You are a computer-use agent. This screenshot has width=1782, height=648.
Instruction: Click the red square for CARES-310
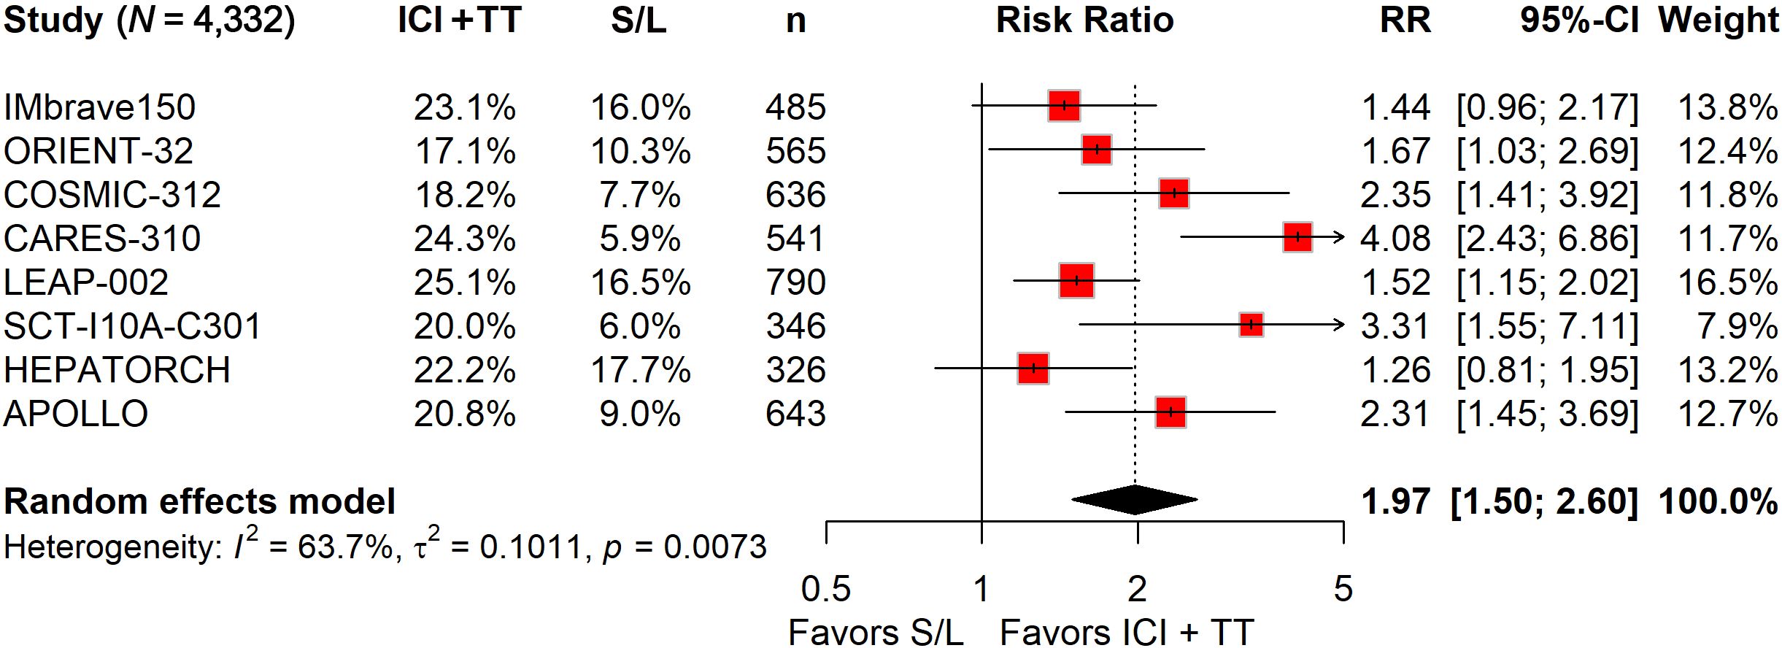pyautogui.click(x=1297, y=237)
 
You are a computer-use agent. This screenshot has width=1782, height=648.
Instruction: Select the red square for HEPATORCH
pyautogui.click(x=1033, y=369)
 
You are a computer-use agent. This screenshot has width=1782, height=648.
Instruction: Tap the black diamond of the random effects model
pyautogui.click(x=1135, y=500)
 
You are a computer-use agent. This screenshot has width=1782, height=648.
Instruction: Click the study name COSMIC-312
pyautogui.click(x=112, y=195)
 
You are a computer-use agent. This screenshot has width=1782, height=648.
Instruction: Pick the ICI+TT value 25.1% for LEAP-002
pyautogui.click(x=465, y=282)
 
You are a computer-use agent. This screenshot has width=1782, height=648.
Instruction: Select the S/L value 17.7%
pyautogui.click(x=640, y=370)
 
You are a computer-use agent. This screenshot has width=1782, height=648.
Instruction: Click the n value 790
pyautogui.click(x=795, y=282)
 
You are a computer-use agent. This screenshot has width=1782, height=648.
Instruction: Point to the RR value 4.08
pyautogui.click(x=1395, y=239)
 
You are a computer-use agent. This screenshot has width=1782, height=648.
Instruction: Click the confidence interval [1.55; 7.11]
pyautogui.click(x=1547, y=326)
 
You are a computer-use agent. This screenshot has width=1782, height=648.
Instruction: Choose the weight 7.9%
pyautogui.click(x=1737, y=326)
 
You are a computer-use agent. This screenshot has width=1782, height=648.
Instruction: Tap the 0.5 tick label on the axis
pyautogui.click(x=825, y=589)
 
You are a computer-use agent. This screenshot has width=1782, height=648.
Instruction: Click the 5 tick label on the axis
pyautogui.click(x=1343, y=589)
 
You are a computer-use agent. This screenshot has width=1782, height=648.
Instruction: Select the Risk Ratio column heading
pyautogui.click(x=1084, y=20)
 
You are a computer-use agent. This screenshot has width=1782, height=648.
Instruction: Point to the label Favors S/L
pyautogui.click(x=876, y=632)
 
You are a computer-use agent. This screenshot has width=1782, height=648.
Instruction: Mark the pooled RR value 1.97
pyautogui.click(x=1395, y=501)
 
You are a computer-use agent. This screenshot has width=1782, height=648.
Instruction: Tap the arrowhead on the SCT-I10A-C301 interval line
pyautogui.click(x=1339, y=325)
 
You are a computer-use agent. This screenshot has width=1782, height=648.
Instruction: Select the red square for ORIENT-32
pyautogui.click(x=1097, y=150)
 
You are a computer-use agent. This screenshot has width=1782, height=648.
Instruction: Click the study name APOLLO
pyautogui.click(x=76, y=414)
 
